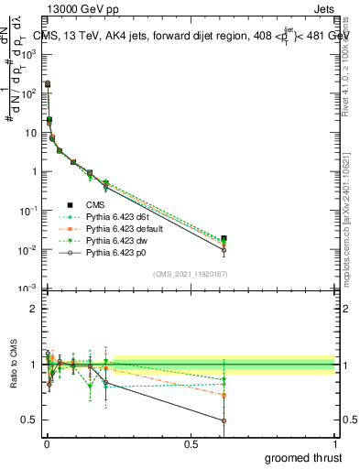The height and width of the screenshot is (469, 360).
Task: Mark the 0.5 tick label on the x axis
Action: coord(191,442)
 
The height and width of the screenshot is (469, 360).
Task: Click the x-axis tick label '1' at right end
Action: coord(335,442)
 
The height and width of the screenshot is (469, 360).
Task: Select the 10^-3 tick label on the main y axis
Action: coord(27,289)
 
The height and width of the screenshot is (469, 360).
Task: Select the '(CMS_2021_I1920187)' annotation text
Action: coord(191,273)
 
